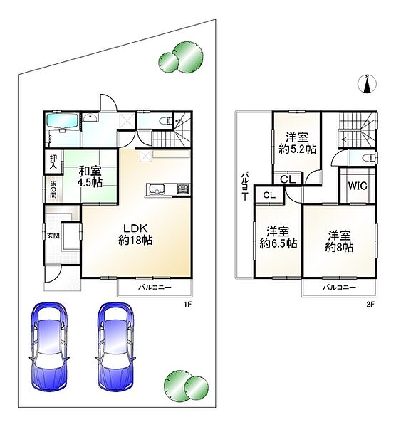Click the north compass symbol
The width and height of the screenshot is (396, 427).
367,84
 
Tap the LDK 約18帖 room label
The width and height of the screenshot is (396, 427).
135,234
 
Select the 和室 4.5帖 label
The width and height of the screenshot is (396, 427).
90,176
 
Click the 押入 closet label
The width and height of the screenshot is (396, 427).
53,162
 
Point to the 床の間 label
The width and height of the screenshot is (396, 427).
53,189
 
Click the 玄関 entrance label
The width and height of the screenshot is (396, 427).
53,236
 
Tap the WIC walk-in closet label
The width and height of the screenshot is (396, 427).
358,186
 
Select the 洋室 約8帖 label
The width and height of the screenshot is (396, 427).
339,241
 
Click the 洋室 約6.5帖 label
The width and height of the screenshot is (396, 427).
278,238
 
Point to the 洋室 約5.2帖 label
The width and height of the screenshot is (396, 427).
297,143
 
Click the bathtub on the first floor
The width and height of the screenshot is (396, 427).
63,121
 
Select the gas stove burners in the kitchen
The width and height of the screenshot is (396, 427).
184,189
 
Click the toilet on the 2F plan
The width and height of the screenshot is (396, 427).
370,158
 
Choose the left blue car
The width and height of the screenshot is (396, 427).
49,347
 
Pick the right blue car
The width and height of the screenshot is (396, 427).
115,347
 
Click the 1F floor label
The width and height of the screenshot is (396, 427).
187,305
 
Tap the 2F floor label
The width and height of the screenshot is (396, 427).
370,305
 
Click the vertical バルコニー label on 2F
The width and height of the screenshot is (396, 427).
246,186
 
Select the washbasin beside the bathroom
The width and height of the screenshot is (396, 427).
90,118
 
